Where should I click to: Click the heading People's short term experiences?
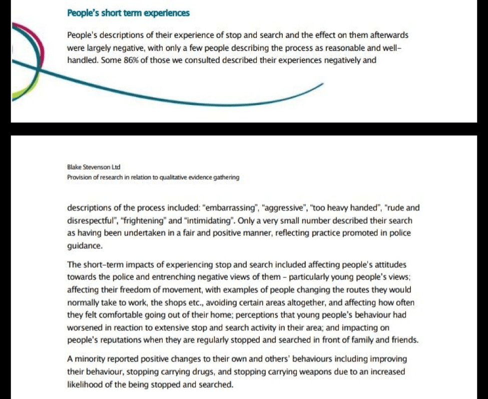128,13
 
